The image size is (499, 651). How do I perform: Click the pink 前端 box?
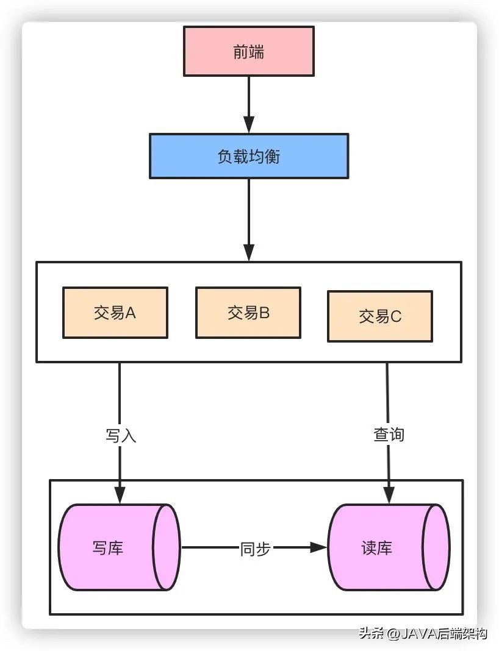coord(249,51)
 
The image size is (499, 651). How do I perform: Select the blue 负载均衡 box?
coord(249,156)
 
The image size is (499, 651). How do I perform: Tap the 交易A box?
coord(115,313)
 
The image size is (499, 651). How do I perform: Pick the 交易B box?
coord(248,313)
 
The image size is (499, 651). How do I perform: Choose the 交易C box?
coord(379,316)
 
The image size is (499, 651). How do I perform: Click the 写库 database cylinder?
coord(110,547)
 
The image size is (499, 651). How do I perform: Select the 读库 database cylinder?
coord(378,547)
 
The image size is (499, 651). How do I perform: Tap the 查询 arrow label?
coord(389,435)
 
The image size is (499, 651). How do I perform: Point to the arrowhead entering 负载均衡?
coord(249,126)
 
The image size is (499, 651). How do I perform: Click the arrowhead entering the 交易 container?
coord(249,252)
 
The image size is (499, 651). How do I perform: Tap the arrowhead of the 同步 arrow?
coord(318,547)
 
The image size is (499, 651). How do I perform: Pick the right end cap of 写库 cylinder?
coord(166,547)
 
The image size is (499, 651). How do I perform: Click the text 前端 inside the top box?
coord(249,51)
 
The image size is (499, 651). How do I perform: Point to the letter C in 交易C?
coord(396,316)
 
